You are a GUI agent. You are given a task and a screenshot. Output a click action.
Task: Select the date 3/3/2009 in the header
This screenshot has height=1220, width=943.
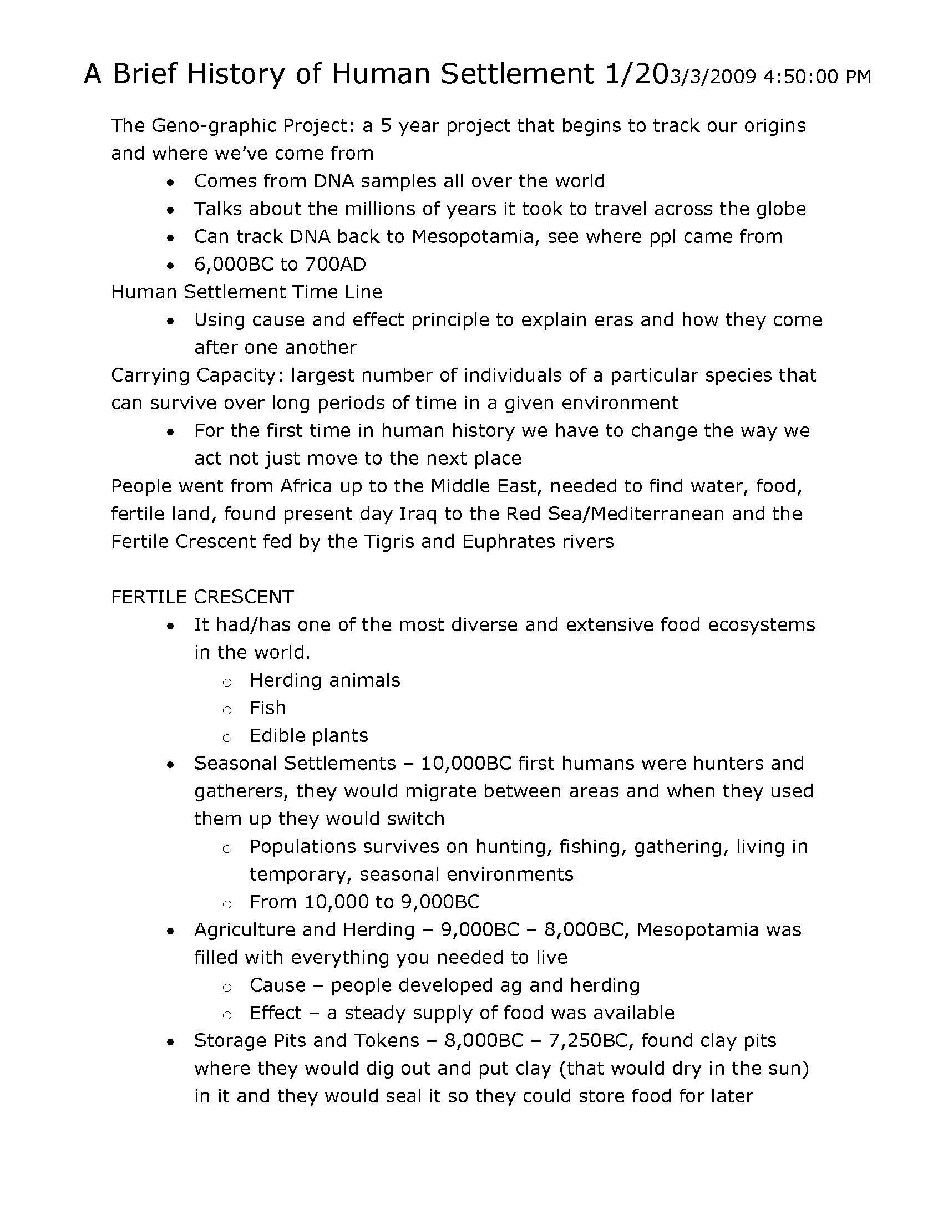[713, 77]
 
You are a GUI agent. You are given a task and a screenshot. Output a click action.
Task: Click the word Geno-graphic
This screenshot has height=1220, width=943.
[215, 126]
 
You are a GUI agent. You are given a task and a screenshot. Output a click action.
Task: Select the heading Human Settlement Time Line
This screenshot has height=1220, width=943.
[246, 292]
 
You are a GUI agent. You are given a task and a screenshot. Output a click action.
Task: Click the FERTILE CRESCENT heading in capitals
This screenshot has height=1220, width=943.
[202, 597]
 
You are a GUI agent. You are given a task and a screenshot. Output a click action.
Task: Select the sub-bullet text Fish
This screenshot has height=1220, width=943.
[267, 708]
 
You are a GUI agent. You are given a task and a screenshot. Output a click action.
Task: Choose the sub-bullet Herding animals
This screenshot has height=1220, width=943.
[325, 680]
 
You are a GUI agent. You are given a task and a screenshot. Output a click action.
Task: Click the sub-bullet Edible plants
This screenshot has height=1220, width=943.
[308, 736]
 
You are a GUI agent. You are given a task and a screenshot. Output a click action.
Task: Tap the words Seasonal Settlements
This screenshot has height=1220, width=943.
[295, 764]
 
